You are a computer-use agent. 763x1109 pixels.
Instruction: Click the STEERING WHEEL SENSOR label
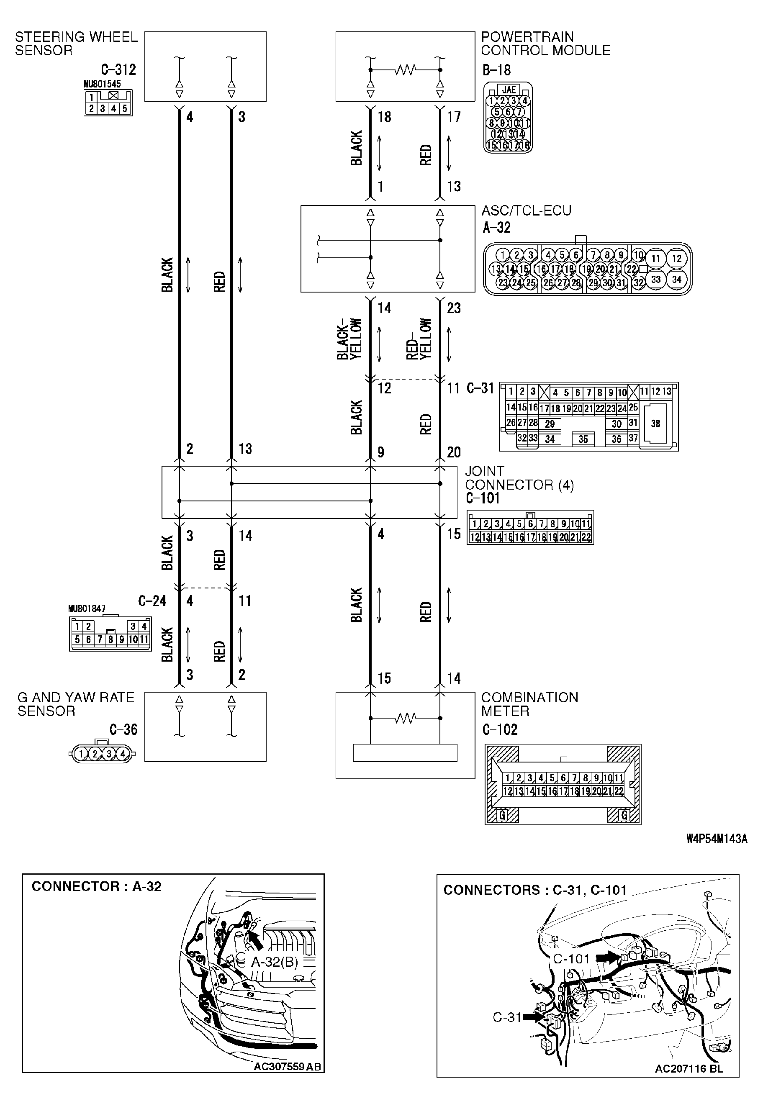(75, 44)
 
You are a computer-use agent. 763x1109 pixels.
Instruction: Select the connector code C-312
(118, 70)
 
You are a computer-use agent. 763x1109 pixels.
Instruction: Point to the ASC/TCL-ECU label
(526, 211)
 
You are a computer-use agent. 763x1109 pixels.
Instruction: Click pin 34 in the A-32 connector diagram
(676, 279)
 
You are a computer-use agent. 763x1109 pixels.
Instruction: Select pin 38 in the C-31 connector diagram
(655, 424)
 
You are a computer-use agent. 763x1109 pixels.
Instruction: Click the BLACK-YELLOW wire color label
(349, 339)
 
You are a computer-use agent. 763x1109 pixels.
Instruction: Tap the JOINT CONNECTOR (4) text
(519, 478)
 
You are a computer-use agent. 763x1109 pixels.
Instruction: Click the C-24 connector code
(152, 601)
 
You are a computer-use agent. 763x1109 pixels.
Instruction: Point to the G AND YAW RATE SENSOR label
(75, 704)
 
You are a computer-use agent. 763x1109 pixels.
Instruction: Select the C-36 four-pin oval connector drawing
(102, 754)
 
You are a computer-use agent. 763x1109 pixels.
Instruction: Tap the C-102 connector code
(500, 729)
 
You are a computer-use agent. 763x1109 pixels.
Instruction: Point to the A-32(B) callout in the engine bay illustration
(275, 961)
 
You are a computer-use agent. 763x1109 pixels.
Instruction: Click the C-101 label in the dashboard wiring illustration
(571, 958)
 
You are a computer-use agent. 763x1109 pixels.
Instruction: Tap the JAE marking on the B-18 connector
(509, 90)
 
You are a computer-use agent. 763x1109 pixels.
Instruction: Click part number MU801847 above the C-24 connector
(87, 609)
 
